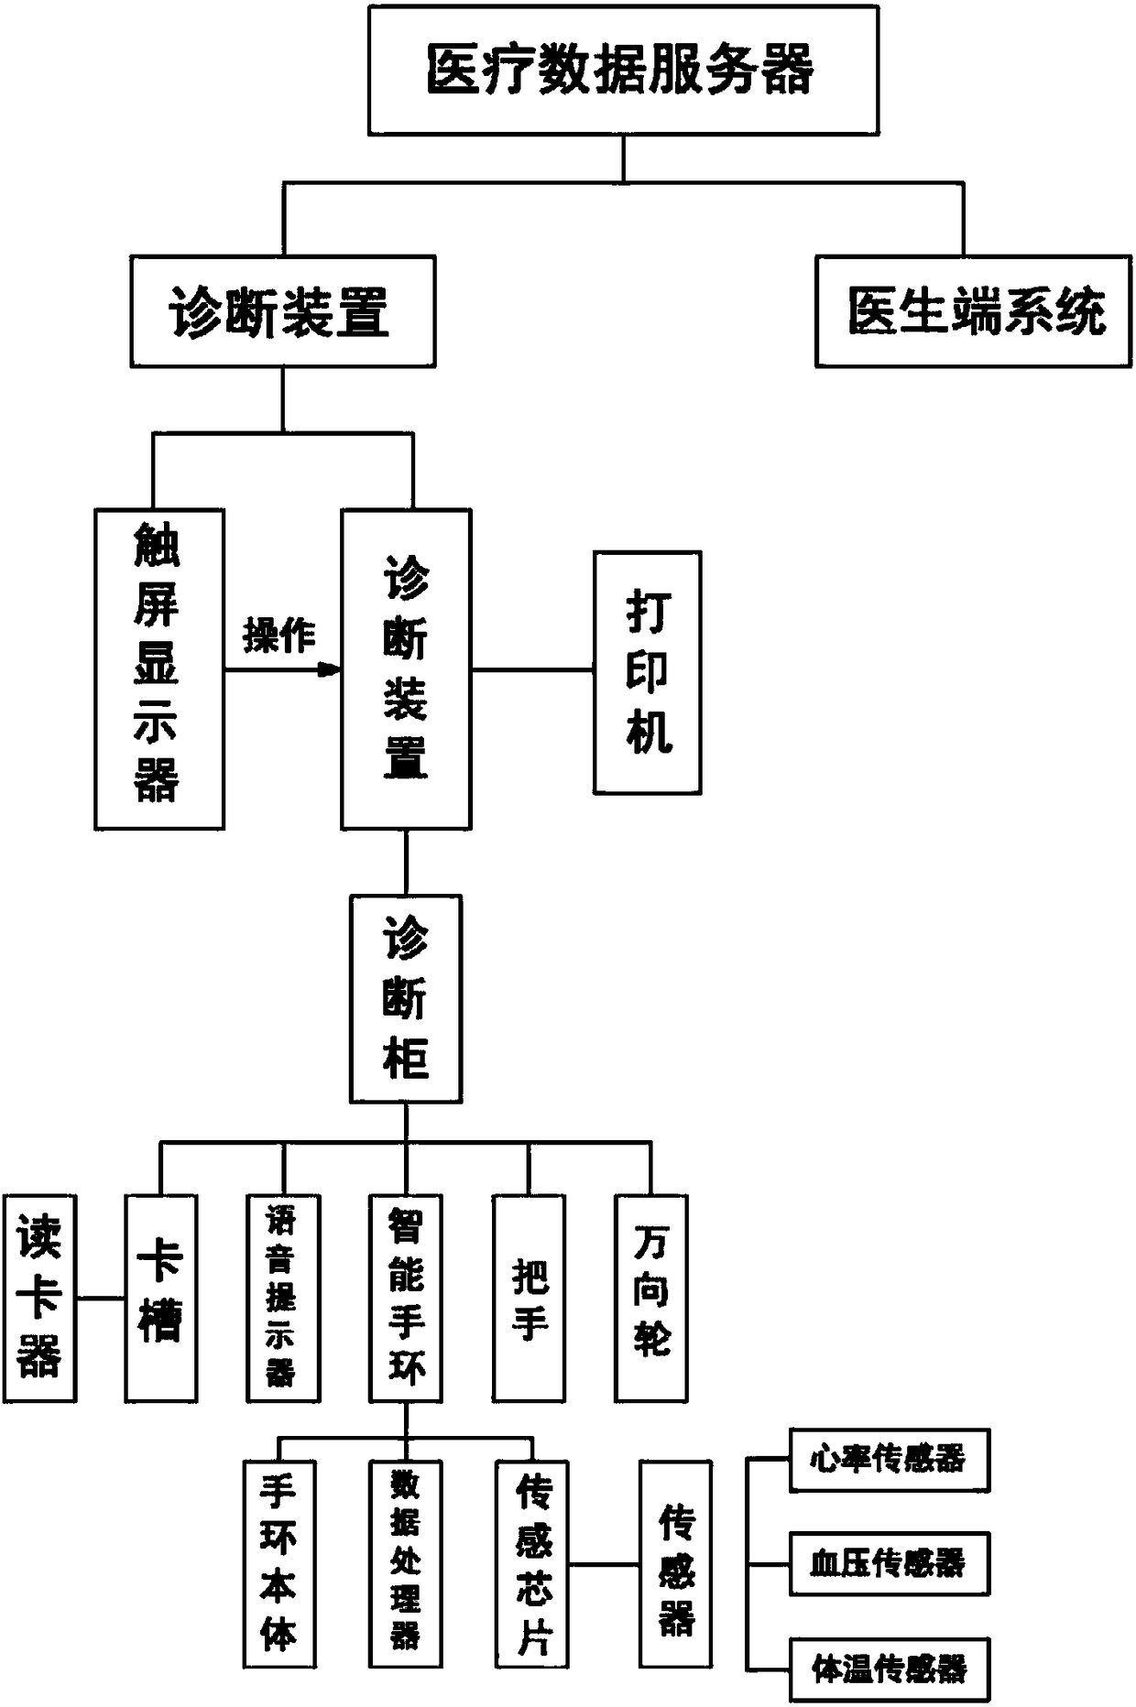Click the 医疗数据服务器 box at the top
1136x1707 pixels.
(x=623, y=71)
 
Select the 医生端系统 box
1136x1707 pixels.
(x=973, y=311)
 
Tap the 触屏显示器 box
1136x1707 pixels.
(x=159, y=669)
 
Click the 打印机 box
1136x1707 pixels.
(x=647, y=671)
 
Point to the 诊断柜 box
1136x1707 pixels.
(x=406, y=998)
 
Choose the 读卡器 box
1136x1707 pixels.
(x=39, y=1298)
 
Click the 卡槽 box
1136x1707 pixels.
(x=160, y=1298)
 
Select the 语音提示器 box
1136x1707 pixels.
(x=283, y=1298)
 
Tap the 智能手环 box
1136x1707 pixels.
(x=406, y=1298)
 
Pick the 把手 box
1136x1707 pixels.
(x=529, y=1298)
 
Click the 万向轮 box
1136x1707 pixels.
(x=650, y=1298)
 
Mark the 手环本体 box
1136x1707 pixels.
(x=279, y=1563)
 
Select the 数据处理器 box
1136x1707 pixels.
(x=406, y=1563)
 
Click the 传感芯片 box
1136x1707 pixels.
(x=532, y=1563)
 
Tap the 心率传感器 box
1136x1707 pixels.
(x=889, y=1460)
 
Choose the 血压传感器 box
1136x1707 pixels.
(x=889, y=1563)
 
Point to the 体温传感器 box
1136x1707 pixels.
(x=889, y=1669)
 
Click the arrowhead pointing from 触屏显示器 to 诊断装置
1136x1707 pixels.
(x=328, y=670)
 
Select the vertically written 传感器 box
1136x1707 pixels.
(x=675, y=1563)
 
